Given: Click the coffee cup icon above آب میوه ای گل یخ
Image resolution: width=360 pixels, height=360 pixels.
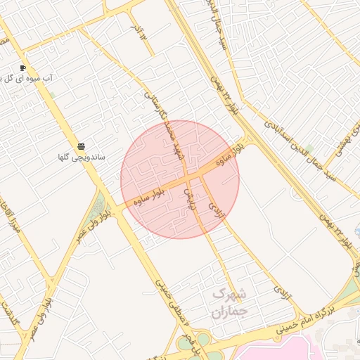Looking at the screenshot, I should [23, 67].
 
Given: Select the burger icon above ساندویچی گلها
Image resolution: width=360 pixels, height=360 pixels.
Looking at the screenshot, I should [82, 146].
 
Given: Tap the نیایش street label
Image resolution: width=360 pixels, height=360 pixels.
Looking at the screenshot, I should [188, 198].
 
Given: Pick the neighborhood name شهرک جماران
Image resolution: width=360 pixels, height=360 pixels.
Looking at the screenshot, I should [229, 302].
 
